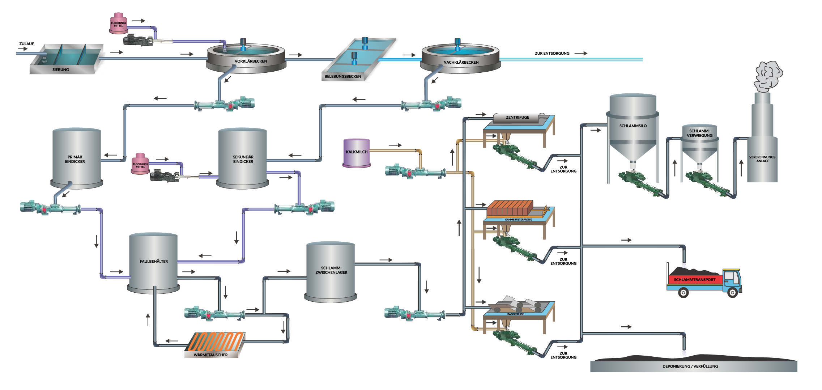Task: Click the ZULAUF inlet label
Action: tap(27, 44)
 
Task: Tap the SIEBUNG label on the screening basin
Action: tap(60, 69)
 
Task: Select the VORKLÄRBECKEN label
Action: tap(251, 61)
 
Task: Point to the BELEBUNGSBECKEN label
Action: tap(342, 76)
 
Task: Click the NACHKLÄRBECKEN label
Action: tap(461, 62)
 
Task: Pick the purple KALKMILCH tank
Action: tap(357, 153)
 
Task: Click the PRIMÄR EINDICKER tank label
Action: tap(75, 159)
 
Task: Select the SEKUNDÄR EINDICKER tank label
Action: tap(243, 159)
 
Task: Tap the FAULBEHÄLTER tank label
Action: tap(154, 261)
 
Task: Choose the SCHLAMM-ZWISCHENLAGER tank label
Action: tap(331, 270)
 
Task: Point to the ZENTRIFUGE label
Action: tap(518, 117)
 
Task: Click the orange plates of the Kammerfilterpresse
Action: tap(510, 209)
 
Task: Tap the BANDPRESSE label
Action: tap(515, 314)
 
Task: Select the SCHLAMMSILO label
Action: tap(633, 126)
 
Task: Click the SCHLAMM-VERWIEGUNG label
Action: tap(699, 133)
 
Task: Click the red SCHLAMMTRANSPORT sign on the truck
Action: tap(694, 280)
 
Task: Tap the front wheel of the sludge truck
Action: tap(732, 292)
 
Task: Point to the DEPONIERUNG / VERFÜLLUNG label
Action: tap(690, 366)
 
